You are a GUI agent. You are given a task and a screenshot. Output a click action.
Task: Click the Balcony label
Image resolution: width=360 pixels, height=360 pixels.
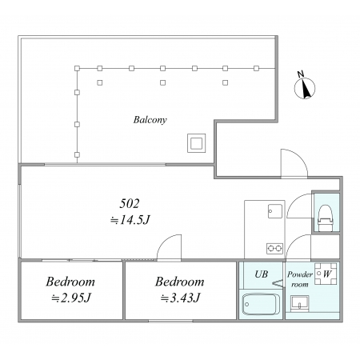pos(150,120)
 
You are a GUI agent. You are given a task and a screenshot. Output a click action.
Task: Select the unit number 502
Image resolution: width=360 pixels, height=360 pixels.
pos(130,204)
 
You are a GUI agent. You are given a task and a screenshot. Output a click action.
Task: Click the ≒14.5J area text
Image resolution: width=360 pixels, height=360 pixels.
pos(130,220)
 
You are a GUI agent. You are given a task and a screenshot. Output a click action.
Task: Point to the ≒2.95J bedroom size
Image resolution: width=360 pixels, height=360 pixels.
pos(71,298)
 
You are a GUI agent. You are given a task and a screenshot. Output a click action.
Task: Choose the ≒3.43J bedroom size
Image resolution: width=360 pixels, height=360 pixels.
pos(181,298)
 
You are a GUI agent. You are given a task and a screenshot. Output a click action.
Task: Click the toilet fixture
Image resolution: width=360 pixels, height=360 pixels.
pos(326,218)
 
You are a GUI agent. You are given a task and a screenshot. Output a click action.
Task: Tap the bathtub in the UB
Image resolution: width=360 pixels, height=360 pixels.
pos(260,304)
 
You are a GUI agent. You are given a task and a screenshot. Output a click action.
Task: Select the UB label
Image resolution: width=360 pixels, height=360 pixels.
pos(261,274)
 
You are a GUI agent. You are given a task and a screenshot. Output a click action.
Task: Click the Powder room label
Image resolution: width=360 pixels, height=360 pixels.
pos(300,279)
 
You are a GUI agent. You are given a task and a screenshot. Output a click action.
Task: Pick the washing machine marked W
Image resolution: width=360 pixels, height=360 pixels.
pos(326,274)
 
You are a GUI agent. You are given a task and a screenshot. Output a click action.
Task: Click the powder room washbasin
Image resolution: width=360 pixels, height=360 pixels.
pos(300,303)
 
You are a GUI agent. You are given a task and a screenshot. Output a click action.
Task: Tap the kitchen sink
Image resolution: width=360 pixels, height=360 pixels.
pos(275,211)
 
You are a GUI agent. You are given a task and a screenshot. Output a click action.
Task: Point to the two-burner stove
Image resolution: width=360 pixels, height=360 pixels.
pos(274,249)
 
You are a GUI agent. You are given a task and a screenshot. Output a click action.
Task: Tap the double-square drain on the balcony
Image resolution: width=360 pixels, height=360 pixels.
pos(196,143)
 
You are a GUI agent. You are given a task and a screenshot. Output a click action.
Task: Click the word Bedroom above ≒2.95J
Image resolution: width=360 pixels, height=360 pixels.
pos(70,282)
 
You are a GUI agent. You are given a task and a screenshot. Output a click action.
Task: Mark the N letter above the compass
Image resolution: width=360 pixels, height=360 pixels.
pos(301,74)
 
